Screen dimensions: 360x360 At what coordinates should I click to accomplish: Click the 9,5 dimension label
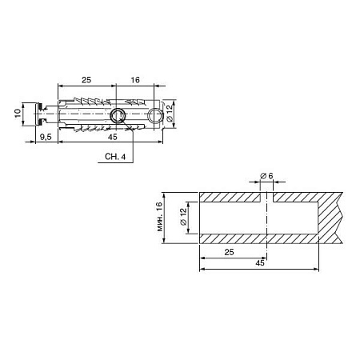pos(46,137)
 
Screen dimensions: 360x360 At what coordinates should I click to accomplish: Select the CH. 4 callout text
pos(115,157)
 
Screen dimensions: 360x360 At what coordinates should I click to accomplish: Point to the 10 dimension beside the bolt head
pos(18,113)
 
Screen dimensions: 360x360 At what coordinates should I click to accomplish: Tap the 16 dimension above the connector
pos(135,80)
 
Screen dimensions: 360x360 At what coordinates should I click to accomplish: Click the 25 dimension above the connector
pos(86,80)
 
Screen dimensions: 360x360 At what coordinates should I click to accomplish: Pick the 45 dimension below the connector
pos(113,137)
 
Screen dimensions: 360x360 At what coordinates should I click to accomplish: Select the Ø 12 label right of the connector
pos(170,113)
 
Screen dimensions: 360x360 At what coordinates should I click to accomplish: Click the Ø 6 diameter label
pos(266,176)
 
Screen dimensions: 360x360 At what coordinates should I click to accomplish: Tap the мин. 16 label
pos(159,216)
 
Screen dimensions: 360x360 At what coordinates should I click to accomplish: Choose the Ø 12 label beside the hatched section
pos(183,217)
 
